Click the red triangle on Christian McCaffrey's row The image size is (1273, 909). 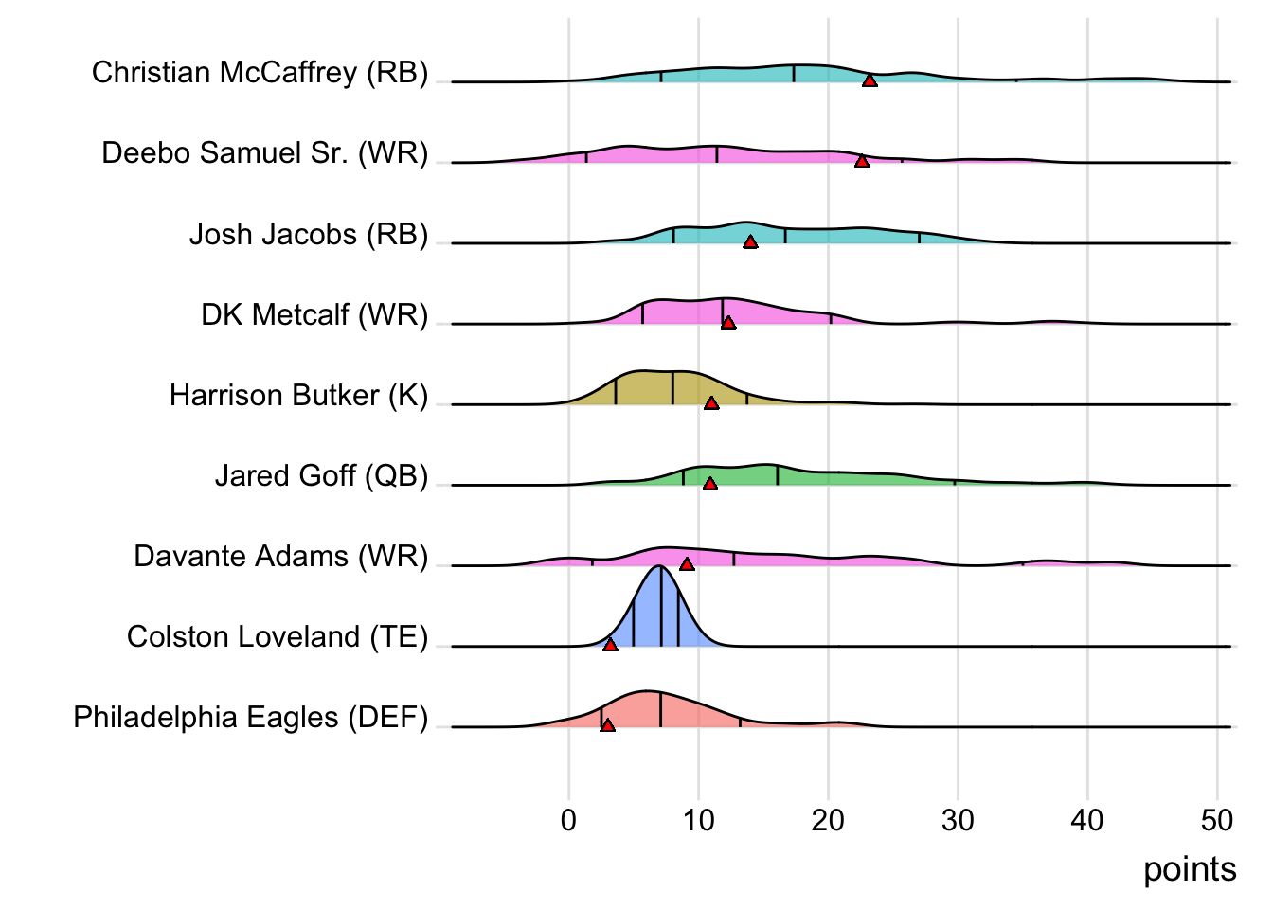[870, 81]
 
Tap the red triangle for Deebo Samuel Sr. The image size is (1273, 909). [862, 162]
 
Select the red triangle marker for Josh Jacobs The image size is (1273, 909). [750, 242]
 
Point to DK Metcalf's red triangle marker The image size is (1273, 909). [728, 323]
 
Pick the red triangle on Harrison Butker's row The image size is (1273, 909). [711, 403]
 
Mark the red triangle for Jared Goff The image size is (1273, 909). [710, 484]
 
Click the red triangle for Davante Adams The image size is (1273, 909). [687, 564]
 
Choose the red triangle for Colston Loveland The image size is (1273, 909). [610, 645]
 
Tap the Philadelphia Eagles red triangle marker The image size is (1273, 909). [607, 725]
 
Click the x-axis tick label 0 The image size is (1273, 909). [568, 820]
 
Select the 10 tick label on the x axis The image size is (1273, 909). [698, 820]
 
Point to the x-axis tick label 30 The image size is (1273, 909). [958, 820]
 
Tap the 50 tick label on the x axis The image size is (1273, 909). [1216, 820]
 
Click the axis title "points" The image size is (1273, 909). [1189, 869]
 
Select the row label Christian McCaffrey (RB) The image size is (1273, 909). [260, 73]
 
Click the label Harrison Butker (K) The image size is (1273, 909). [298, 395]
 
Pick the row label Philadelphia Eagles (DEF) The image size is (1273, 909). [250, 718]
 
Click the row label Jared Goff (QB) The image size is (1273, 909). [321, 475]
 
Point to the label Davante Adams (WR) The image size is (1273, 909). [280, 556]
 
